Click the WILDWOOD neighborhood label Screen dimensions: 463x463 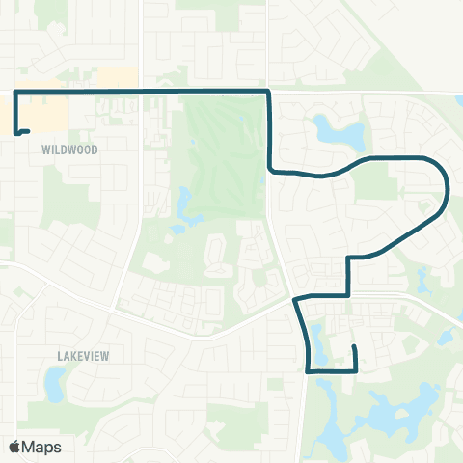(70, 150)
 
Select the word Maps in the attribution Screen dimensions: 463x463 (41, 447)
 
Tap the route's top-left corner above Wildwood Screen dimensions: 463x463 (15, 91)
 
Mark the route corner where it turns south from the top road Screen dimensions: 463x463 (268, 92)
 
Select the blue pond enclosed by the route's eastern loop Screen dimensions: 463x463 (339, 131)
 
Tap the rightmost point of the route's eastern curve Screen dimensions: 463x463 (448, 188)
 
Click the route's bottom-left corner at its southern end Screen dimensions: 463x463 (308, 370)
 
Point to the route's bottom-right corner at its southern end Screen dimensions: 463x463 (357, 370)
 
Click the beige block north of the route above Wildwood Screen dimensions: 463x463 (119, 76)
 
